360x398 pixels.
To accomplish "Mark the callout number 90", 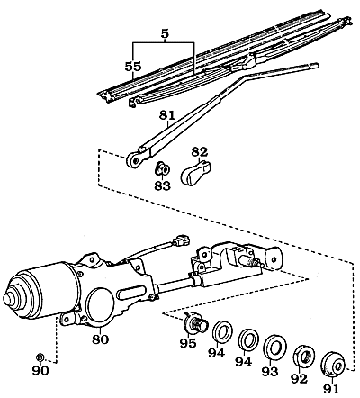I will coord(40,369).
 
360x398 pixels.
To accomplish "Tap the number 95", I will coord(187,342).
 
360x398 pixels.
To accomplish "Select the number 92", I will coord(301,379).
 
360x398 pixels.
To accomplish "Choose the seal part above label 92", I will coord(303,355).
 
